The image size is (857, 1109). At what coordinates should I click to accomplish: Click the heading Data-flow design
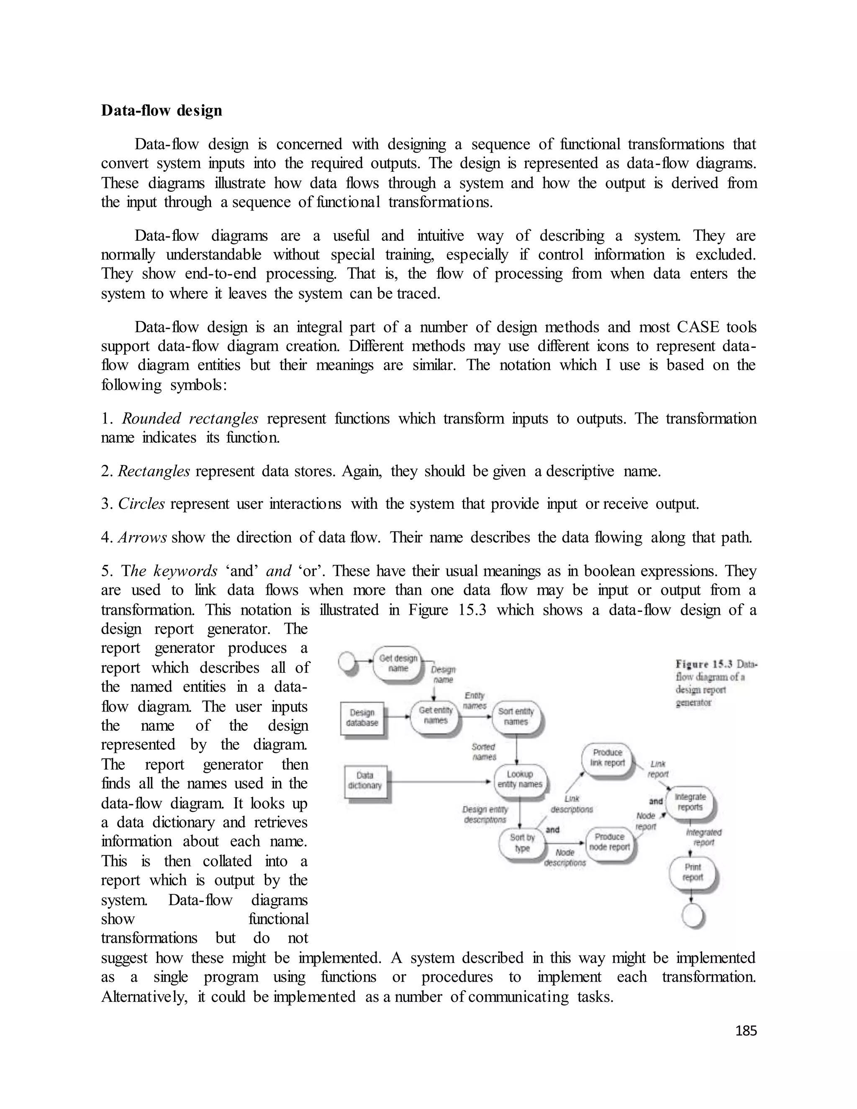[162, 111]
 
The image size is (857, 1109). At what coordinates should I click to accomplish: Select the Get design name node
[398, 663]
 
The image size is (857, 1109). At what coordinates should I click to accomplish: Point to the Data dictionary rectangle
[364, 780]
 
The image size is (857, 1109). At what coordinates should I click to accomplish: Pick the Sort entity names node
[516, 716]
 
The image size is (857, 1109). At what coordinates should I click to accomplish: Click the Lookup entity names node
[519, 779]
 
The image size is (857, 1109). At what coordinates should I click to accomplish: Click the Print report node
[693, 873]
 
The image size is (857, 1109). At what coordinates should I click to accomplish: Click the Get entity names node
[435, 716]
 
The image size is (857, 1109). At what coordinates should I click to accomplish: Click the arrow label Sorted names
[484, 752]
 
